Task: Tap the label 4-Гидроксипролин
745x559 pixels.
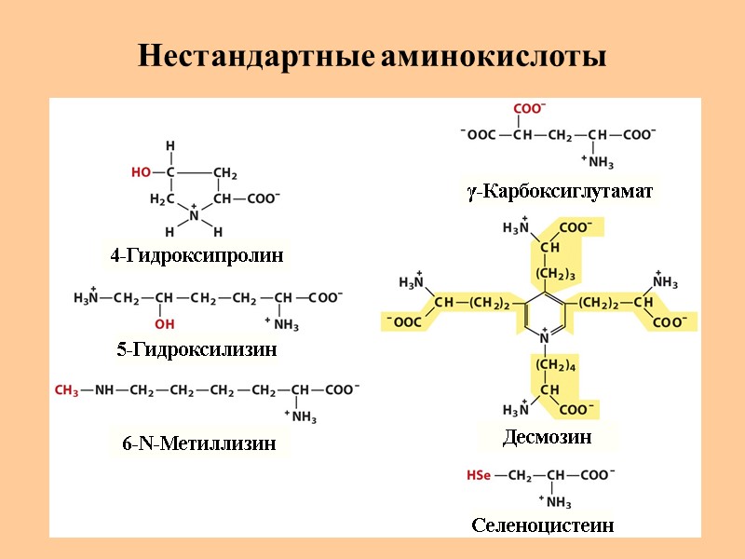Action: tap(196, 255)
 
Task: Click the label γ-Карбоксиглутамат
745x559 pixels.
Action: tap(560, 192)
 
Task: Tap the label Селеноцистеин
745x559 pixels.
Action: tap(543, 525)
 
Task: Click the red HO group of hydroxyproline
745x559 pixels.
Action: tap(141, 172)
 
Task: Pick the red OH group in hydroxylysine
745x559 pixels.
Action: tap(164, 323)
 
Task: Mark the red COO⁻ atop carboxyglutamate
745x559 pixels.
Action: tap(530, 109)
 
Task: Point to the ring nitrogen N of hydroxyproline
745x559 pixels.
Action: tap(195, 215)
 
